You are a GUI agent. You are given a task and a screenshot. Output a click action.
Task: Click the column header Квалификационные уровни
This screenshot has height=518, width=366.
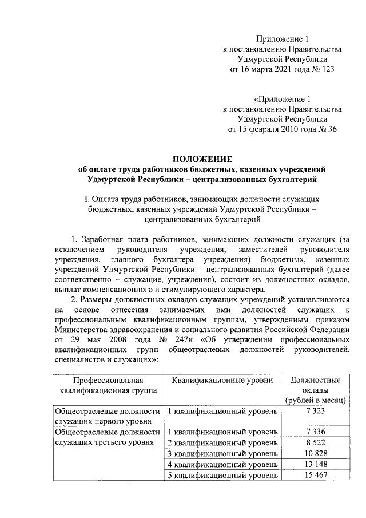coord(222,380)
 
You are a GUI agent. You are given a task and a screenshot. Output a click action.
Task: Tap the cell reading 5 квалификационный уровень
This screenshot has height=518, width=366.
coord(222,476)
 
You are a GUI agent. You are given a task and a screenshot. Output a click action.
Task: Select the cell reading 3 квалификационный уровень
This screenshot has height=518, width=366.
coord(222,454)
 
